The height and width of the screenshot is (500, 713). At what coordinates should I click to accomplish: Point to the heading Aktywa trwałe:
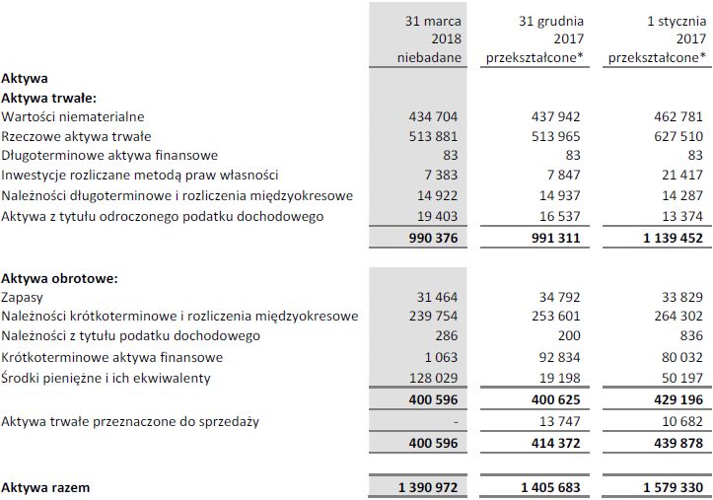click(48, 98)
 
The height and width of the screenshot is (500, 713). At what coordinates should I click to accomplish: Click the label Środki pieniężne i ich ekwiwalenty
click(106, 377)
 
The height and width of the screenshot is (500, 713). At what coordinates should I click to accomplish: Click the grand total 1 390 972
click(425, 487)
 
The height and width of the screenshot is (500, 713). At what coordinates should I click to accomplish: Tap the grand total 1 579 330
click(670, 487)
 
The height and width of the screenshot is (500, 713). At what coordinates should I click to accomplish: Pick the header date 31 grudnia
click(554, 20)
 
